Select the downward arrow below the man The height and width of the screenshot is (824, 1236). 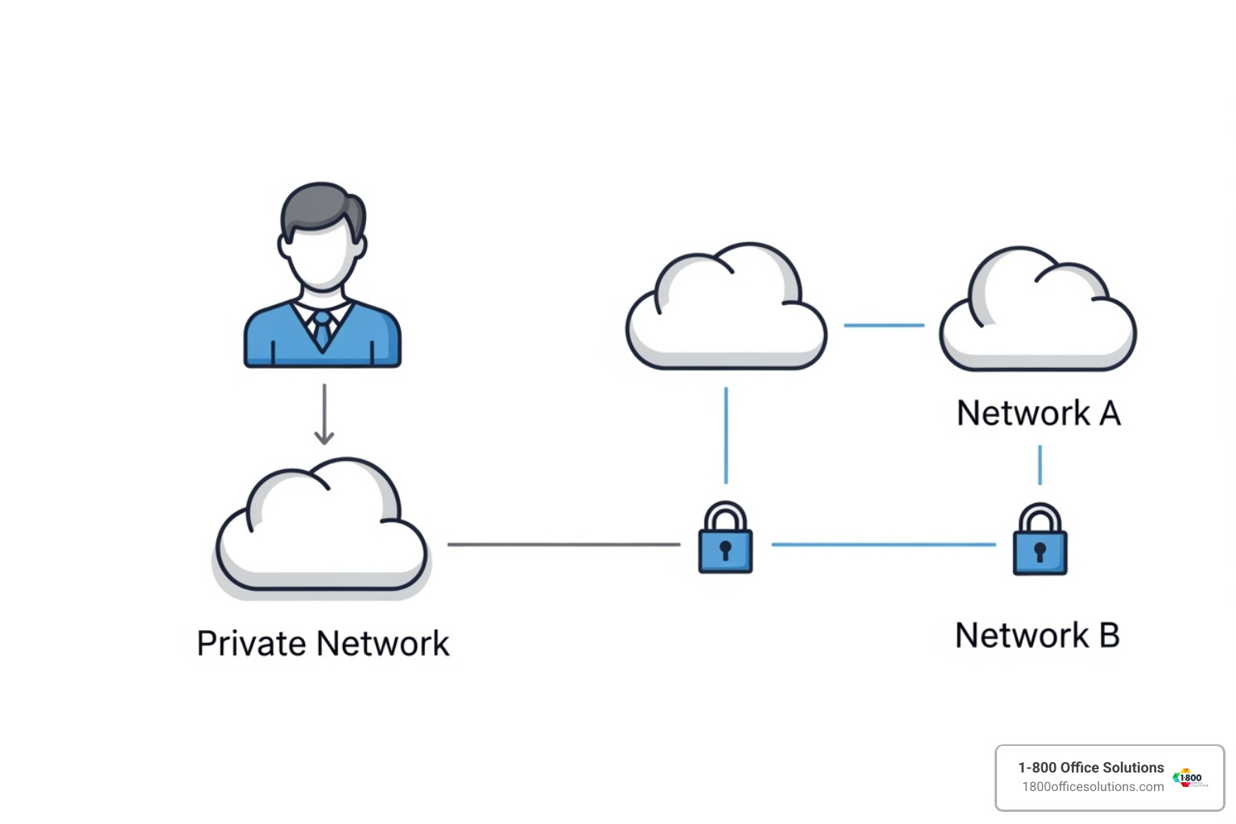(x=324, y=414)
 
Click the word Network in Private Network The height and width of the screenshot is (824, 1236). (x=383, y=645)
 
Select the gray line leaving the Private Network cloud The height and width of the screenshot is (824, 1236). (x=563, y=545)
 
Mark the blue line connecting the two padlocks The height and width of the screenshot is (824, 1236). (x=884, y=545)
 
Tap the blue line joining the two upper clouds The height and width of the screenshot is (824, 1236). (x=884, y=325)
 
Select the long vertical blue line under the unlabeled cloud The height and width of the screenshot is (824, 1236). (x=726, y=435)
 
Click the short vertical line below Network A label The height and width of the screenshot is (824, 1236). (x=1040, y=464)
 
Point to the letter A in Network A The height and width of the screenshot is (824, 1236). (x=1110, y=414)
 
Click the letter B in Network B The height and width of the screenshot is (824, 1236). (x=1109, y=636)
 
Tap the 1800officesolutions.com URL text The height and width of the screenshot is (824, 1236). (x=1093, y=787)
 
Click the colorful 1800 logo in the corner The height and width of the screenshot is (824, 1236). (x=1189, y=778)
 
